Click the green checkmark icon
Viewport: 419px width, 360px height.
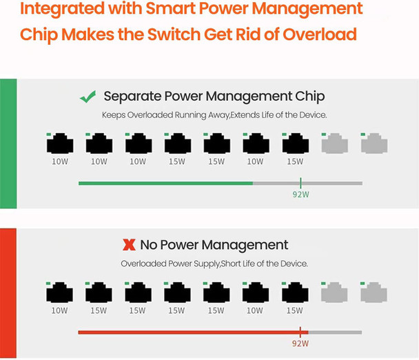click(88, 97)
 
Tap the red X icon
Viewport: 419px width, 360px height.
click(129, 245)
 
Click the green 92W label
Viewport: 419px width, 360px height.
click(300, 194)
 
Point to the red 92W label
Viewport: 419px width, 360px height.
click(300, 343)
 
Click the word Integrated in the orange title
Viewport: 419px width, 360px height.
click(62, 9)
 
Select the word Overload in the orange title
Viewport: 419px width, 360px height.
click(320, 34)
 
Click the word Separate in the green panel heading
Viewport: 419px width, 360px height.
click(132, 97)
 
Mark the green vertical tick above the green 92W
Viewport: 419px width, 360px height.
click(300, 183)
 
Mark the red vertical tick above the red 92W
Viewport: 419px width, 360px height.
click(300, 332)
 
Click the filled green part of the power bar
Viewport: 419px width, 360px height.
click(165, 183)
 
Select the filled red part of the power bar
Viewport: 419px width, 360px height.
click(193, 332)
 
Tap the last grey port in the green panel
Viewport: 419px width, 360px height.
click(374, 143)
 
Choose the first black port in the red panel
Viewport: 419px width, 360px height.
click(59, 292)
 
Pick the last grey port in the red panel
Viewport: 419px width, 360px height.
click(374, 292)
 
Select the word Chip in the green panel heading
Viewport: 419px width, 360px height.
click(310, 97)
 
